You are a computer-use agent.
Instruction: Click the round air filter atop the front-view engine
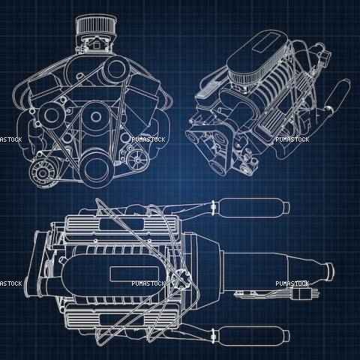point(96,25)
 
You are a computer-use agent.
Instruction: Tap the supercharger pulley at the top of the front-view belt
point(115,69)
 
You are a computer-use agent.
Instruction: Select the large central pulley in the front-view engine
point(95,116)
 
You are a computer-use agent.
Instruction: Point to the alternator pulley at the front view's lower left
point(42,172)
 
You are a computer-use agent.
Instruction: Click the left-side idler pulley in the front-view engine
point(52,115)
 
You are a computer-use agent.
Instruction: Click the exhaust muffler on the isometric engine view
point(337,95)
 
